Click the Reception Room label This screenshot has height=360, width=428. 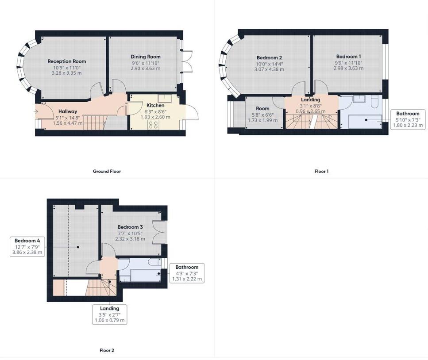coord(66,61)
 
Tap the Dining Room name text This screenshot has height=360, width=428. coord(146,57)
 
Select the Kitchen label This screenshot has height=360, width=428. coord(155,105)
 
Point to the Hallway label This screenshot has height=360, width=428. coord(68,111)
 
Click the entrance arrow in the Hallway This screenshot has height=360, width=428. coord(36,111)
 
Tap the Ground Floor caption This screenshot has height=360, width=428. coord(107,171)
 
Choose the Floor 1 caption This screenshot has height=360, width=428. coord(321,171)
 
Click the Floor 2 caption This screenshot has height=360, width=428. coord(107,350)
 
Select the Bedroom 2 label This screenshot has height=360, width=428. coord(269,58)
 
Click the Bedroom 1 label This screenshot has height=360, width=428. coord(349,57)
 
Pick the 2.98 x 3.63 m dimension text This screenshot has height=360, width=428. coord(349,68)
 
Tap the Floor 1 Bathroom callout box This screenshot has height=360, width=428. coord(408,119)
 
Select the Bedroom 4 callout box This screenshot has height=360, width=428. coord(27,247)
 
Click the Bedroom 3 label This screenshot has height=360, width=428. coord(130,227)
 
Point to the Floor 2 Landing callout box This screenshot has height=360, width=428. coord(109,314)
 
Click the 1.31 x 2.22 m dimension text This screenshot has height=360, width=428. coord(187,279)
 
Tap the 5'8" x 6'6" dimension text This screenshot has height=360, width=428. coord(262,115)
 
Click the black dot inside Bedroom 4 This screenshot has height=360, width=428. coord(78,247)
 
